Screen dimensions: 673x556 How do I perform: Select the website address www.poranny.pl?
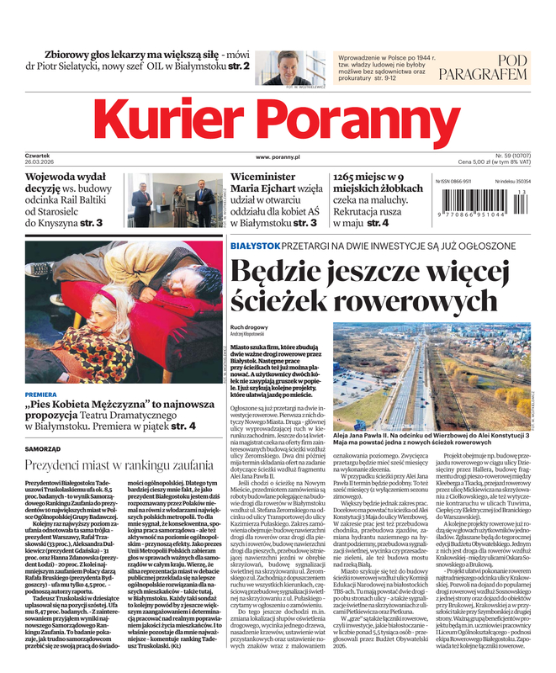click(278, 157)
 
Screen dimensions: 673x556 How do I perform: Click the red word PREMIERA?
click(41, 394)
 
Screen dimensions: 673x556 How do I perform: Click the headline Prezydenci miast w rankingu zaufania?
click(118, 464)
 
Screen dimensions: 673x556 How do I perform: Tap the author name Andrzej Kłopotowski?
click(251, 334)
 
